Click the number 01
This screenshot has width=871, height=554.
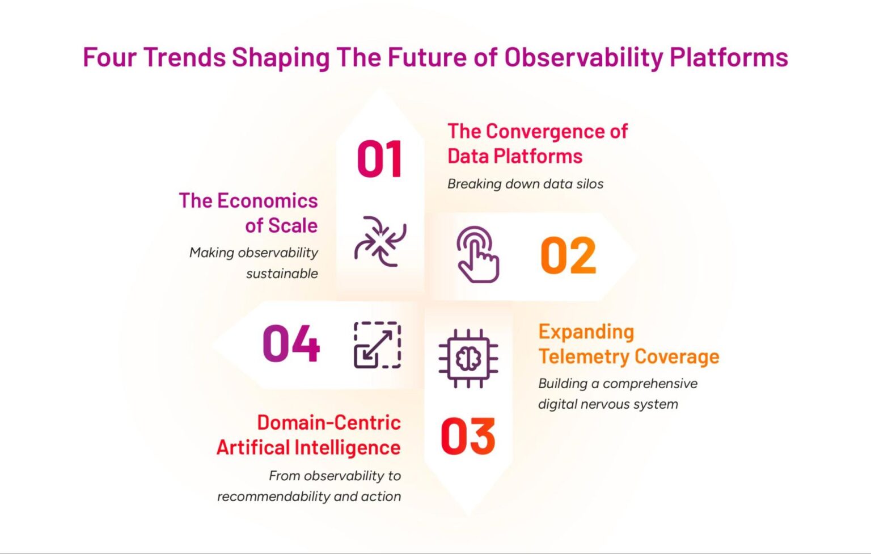tap(379, 160)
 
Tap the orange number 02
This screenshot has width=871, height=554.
tap(568, 256)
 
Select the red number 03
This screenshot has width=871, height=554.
tap(468, 437)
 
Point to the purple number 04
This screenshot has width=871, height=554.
tap(291, 344)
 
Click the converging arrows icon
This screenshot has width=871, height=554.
tap(380, 241)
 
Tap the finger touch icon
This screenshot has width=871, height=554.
tap(478, 254)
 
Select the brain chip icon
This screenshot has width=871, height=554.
tap(468, 359)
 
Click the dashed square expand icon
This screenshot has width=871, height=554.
tap(377, 345)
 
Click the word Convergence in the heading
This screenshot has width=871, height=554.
tap(546, 131)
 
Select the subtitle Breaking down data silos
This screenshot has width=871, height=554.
tap(525, 184)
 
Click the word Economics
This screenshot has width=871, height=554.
tap(267, 200)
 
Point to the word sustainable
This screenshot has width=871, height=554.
tap(282, 274)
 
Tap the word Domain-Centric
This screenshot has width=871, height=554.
tap(328, 422)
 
